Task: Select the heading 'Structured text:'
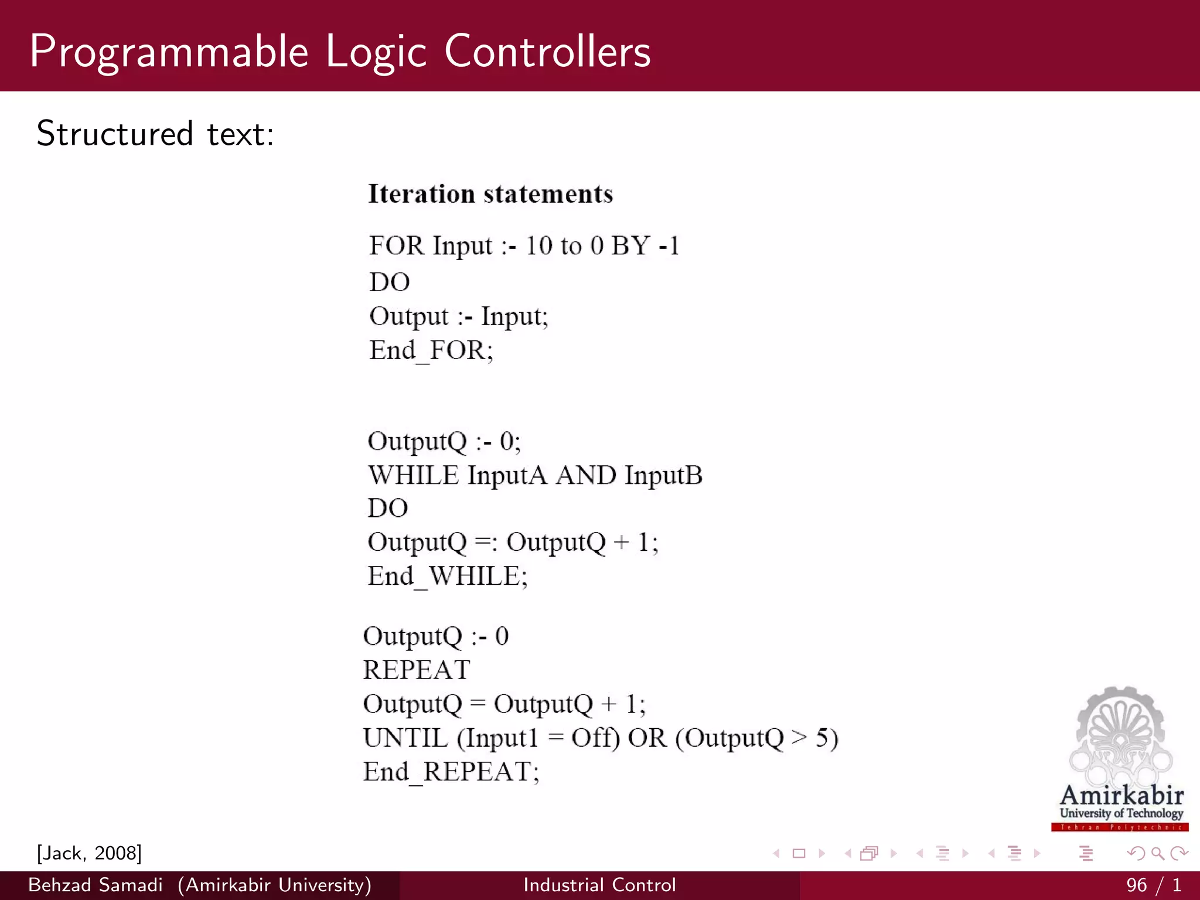[155, 134]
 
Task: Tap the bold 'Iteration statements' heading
[490, 194]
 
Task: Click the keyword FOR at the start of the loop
[396, 246]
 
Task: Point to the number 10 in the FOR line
[538, 246]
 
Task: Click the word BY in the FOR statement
[630, 246]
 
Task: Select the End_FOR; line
[431, 350]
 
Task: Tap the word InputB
[663, 475]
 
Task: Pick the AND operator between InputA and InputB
[586, 475]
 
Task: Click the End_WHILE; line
[448, 577]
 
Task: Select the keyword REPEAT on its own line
[417, 670]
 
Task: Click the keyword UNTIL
[405, 738]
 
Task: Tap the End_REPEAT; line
[451, 772]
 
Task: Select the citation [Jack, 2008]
[89, 853]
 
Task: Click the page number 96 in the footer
[1136, 885]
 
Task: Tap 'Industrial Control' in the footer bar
[599, 885]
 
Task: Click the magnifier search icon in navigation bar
[1157, 854]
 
